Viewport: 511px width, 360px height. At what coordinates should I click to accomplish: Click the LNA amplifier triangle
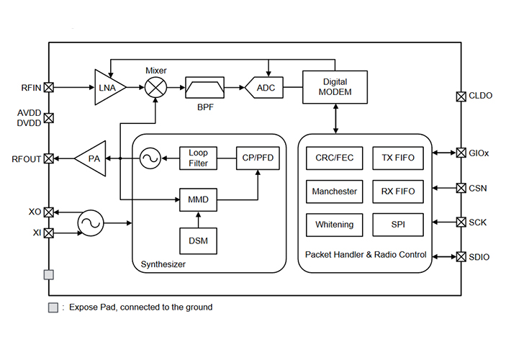coord(109,87)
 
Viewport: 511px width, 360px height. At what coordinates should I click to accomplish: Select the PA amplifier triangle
coord(91,158)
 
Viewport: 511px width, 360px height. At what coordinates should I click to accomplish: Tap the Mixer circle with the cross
coord(155,87)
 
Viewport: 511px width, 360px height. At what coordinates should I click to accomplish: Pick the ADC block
coord(261,88)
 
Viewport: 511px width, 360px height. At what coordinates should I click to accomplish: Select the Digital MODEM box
coord(335,87)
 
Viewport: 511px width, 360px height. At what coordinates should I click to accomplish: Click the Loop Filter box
coord(198,158)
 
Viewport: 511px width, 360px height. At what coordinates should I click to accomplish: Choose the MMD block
coord(198,197)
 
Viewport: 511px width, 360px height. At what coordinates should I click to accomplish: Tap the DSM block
coord(198,240)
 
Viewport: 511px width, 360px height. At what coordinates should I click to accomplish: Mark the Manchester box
coord(335,192)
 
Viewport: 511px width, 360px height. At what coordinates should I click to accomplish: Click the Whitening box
coord(335,225)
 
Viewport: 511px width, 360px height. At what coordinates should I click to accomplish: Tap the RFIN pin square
coord(49,88)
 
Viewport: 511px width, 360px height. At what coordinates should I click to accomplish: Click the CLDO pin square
coord(461,96)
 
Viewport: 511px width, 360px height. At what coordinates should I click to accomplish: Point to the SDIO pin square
coord(461,256)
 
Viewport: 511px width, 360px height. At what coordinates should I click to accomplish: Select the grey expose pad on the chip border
coord(49,274)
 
